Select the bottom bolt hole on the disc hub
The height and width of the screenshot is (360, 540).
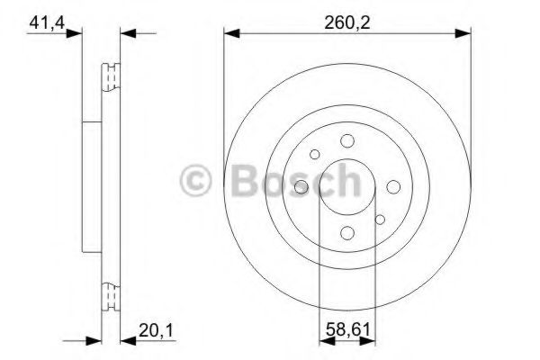pos(346,233)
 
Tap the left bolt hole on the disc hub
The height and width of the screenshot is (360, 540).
pos(301,186)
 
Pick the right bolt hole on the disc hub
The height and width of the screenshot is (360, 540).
pos(393,186)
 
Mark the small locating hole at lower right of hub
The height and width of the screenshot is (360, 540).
pos(379,218)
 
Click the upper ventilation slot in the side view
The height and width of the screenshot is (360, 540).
pos(112,78)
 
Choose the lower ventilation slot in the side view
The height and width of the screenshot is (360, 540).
pos(112,295)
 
